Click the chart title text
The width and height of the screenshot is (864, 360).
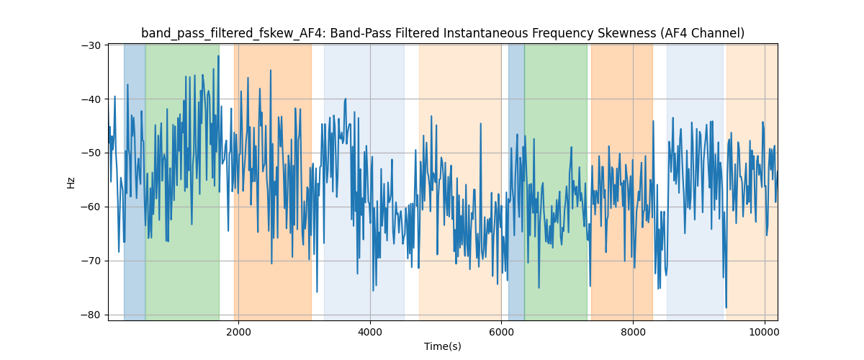pos(443,33)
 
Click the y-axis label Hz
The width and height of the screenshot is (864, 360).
pos(71,182)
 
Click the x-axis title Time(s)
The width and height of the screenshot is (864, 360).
pos(443,346)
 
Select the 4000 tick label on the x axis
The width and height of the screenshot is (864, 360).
pos(370,332)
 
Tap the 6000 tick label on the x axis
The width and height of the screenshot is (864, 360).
pos(501,332)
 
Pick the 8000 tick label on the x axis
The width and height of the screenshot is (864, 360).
pos(633,332)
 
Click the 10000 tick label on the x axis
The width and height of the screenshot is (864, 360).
pos(765,332)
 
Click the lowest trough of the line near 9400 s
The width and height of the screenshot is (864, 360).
pos(726,307)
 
